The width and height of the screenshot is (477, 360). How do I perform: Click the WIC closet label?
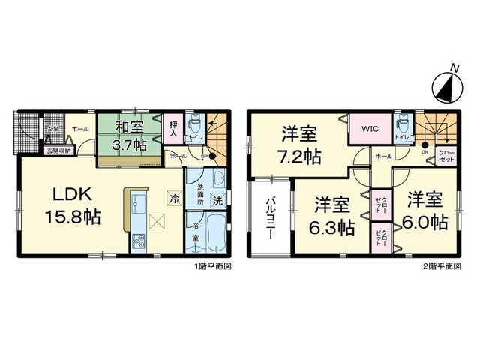[x=369, y=130]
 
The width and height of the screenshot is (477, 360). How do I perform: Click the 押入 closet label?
[x=173, y=130]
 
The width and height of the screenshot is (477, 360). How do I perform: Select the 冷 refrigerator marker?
[x=174, y=199]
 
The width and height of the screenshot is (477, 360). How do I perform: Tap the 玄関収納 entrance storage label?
[x=58, y=151]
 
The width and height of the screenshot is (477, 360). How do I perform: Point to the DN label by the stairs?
[x=424, y=153]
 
